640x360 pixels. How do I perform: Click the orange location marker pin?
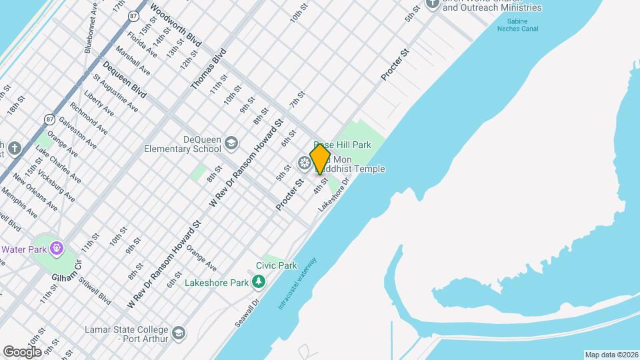(320, 159)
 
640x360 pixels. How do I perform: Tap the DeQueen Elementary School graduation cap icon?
(231, 143)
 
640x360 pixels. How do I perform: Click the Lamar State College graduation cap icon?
(178, 333)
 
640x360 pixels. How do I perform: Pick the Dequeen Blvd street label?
(124, 79)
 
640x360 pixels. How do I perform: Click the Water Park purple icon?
(57, 249)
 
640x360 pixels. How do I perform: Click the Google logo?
(22, 351)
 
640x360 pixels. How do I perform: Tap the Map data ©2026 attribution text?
(611, 355)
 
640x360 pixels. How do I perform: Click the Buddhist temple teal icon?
(305, 163)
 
